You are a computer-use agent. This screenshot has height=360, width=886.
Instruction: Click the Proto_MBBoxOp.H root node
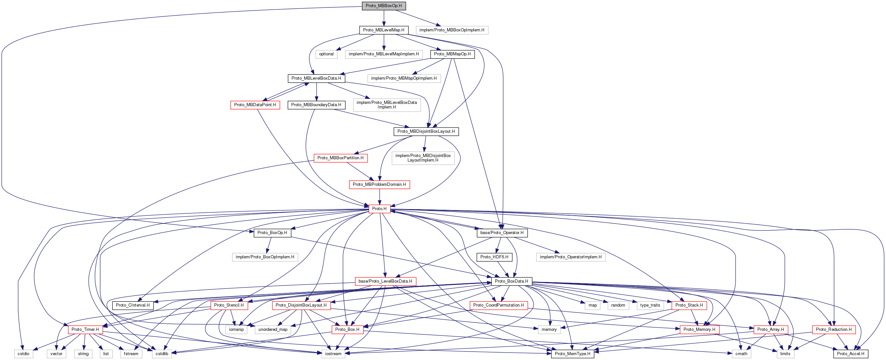point(384,6)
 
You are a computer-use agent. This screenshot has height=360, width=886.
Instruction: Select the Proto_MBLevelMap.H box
point(384,30)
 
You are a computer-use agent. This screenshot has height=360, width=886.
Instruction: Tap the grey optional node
point(326,54)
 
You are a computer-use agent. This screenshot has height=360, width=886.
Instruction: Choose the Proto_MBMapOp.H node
point(452,54)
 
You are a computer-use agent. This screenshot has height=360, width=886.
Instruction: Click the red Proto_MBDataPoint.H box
point(255,105)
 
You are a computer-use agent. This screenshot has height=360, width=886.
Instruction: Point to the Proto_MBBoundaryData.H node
point(316,105)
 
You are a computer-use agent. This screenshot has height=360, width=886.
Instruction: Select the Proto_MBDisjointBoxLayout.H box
point(426,131)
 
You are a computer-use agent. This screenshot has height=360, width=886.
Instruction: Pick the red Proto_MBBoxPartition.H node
point(340,158)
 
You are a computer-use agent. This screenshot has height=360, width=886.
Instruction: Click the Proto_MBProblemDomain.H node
point(379,185)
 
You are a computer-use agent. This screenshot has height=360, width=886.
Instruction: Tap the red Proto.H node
point(379,209)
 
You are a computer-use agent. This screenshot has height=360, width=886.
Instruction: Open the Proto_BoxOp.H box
point(272,233)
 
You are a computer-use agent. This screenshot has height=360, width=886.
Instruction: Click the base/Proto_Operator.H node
point(502,233)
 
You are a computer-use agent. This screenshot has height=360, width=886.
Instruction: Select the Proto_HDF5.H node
point(494,257)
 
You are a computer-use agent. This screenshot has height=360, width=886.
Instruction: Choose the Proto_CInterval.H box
point(132,305)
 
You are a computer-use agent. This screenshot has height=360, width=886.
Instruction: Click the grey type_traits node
point(650,305)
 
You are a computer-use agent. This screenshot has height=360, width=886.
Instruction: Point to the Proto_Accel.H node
point(850,354)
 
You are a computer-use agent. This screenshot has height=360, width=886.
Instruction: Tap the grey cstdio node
point(23,354)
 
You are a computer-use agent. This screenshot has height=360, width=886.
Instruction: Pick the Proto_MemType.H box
point(572,354)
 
